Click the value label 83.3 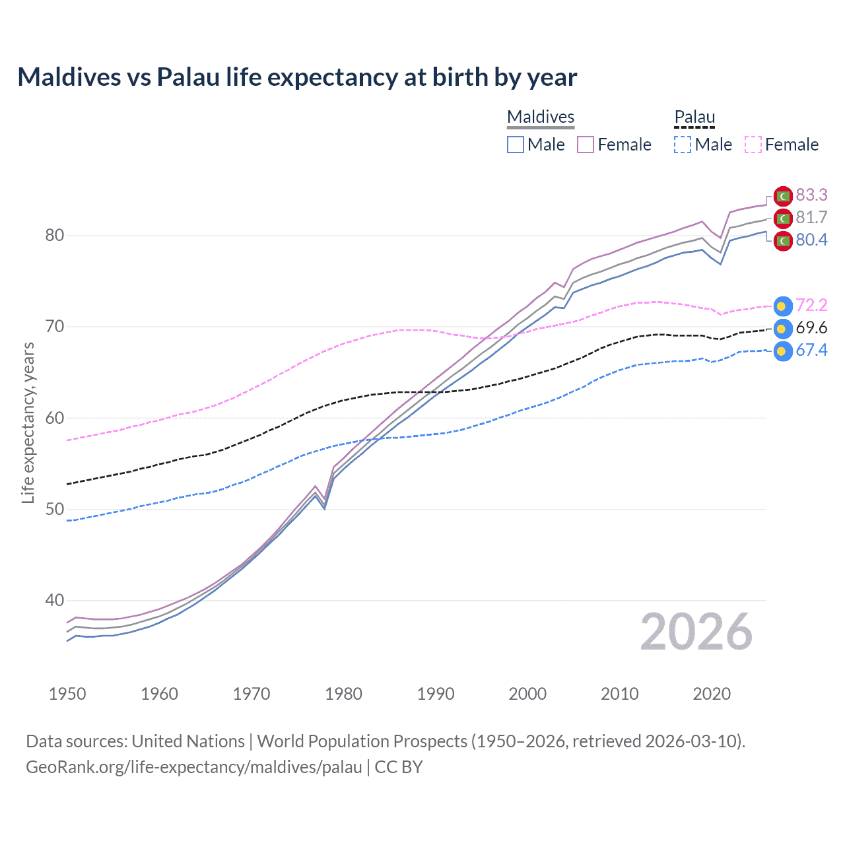coord(811,195)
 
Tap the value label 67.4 coord(811,351)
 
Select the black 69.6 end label coord(811,328)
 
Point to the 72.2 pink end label coord(811,305)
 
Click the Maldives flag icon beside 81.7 coord(783,218)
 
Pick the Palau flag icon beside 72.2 coord(782,306)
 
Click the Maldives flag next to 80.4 coord(783,240)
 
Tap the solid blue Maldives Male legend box coord(516,145)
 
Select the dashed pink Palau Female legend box coord(753,145)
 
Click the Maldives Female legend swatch coord(586,145)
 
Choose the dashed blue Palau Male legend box coord(683,145)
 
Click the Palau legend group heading coord(694,118)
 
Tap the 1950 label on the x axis coord(67,694)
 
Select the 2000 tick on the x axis coord(527,694)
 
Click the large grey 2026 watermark coord(696,632)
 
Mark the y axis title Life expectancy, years coord(28,422)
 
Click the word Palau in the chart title coord(187,77)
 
